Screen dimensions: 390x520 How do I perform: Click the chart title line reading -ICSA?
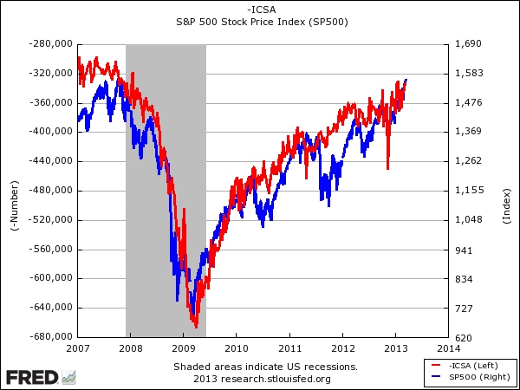click(x=260, y=10)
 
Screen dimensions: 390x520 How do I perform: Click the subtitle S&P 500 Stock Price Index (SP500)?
click(x=260, y=23)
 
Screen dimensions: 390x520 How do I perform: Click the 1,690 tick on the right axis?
click(x=469, y=43)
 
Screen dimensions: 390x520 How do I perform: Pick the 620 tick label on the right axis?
click(x=464, y=337)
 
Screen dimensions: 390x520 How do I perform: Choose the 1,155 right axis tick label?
click(x=469, y=190)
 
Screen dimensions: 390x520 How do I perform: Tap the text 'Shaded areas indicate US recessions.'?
click(x=264, y=367)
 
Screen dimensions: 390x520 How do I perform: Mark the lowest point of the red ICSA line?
click(x=197, y=327)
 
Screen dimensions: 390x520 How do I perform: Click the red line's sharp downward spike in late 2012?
click(x=387, y=168)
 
